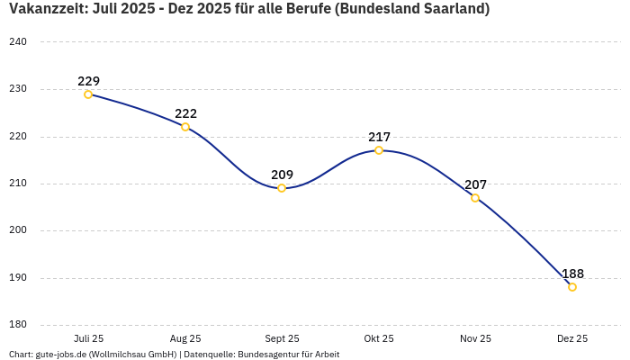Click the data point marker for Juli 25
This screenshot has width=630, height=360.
tap(88, 94)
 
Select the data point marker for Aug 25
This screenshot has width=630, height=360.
tap(185, 127)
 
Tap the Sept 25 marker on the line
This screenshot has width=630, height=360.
tap(282, 188)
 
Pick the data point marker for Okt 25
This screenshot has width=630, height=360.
tap(379, 150)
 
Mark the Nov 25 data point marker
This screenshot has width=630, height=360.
tap(475, 198)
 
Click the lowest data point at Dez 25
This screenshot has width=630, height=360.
tap(572, 287)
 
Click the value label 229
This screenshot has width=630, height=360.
tap(88, 81)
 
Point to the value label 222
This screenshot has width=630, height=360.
tap(185, 113)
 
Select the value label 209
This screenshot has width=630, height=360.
tap(282, 175)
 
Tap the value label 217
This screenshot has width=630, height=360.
tap(379, 137)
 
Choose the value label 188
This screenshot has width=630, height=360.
tap(572, 274)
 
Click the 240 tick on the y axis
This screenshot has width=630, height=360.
tap(18, 42)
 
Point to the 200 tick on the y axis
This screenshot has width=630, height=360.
tap(18, 230)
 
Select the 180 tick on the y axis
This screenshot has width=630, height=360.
tap(18, 325)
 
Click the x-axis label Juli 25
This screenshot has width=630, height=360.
tap(88, 338)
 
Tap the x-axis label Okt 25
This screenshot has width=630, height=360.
tap(379, 338)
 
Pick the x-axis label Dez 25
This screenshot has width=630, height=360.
tap(572, 338)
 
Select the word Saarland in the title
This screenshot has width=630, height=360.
tap(455, 9)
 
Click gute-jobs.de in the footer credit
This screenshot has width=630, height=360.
tap(61, 355)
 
